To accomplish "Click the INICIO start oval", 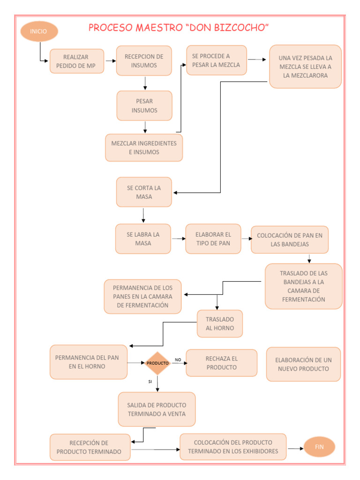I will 39,31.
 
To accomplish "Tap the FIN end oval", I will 319,447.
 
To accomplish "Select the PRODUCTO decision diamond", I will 157,363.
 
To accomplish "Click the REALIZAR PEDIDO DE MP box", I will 76,61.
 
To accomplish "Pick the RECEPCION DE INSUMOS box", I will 144,61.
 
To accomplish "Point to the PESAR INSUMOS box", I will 144,105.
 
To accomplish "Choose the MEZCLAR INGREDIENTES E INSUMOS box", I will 144,148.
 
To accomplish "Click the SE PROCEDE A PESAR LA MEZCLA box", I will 216,60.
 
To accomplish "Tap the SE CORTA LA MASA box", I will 144,192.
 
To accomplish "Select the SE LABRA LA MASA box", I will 143,239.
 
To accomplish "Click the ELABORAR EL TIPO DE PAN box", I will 213,239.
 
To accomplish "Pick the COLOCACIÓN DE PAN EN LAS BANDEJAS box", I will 290,240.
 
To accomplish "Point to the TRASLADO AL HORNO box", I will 220,323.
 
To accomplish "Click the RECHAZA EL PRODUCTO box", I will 221,363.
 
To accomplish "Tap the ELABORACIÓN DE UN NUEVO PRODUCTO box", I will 303,364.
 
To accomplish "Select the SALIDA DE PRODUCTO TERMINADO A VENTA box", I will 157,409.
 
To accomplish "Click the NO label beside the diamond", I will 178,360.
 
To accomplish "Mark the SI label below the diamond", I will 150,382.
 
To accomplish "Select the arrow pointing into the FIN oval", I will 296,449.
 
